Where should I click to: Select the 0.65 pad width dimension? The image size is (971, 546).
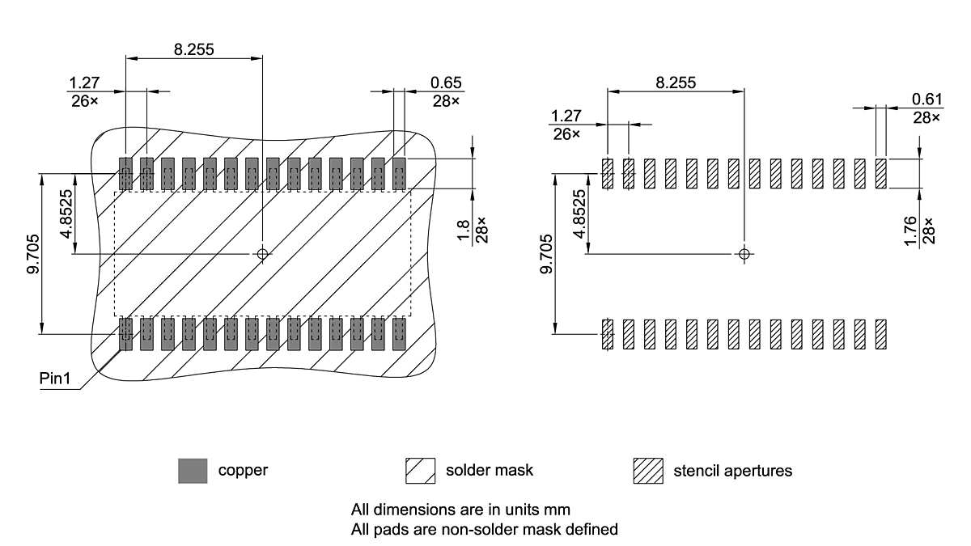click(446, 83)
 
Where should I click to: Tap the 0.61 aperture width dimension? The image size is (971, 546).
click(926, 99)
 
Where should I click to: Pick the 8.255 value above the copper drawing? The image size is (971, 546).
click(194, 49)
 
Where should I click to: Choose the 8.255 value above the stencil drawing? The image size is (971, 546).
click(676, 82)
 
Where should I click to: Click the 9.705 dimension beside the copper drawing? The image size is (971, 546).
click(33, 254)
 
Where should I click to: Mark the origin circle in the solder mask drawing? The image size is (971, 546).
click(262, 254)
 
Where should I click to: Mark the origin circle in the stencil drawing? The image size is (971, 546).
click(744, 253)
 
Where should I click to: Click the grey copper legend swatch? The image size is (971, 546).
click(193, 471)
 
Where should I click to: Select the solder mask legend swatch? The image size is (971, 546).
click(421, 471)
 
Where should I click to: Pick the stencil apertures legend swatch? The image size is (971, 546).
click(648, 471)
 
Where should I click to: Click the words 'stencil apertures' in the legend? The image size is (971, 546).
click(732, 471)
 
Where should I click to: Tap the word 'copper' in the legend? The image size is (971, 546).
click(243, 470)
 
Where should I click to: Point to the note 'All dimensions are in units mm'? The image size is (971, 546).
click(460, 510)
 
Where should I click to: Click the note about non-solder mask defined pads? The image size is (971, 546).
click(484, 530)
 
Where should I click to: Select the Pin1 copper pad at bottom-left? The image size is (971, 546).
click(125, 334)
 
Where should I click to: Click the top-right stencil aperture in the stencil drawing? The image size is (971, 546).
click(881, 173)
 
